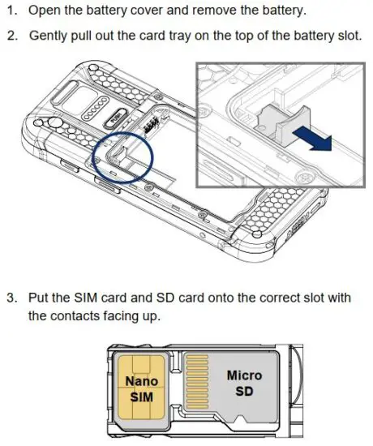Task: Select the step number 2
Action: [x=11, y=36]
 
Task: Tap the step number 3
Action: [x=11, y=298]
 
